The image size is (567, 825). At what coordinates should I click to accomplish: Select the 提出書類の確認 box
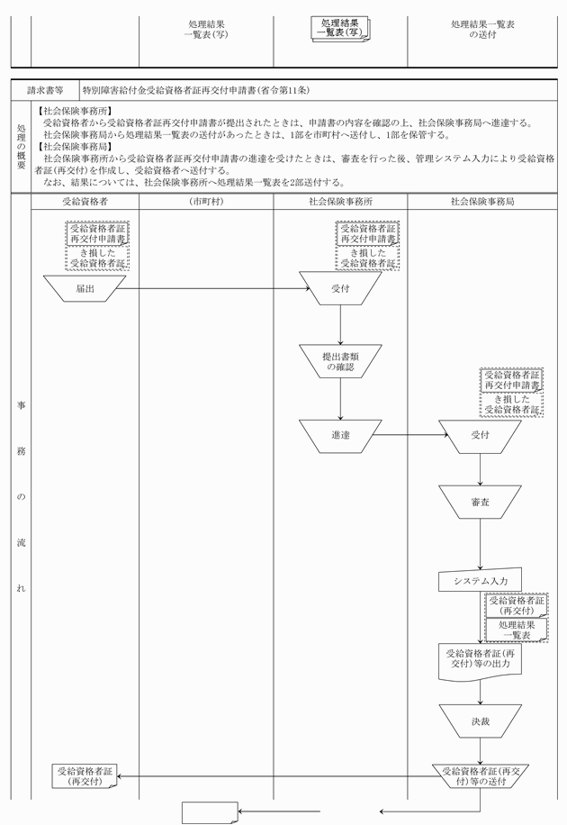pyautogui.click(x=340, y=361)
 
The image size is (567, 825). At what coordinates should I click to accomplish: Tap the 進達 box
pyautogui.click(x=340, y=436)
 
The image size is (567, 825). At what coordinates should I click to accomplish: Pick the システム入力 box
pyautogui.click(x=480, y=581)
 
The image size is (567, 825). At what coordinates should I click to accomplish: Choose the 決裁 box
pyautogui.click(x=480, y=721)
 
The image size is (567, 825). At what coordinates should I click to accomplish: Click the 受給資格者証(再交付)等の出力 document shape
pyautogui.click(x=480, y=658)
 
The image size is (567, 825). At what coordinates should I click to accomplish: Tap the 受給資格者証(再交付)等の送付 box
pyautogui.click(x=480, y=775)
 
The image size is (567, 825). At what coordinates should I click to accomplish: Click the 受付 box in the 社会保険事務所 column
pyautogui.click(x=340, y=289)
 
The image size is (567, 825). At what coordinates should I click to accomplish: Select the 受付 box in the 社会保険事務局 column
pyautogui.click(x=480, y=436)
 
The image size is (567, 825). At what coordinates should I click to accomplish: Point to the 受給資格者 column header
pyautogui.click(x=85, y=201)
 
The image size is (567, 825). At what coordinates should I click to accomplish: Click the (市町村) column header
pyautogui.click(x=206, y=201)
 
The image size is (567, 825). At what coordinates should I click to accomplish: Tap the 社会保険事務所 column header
pyautogui.click(x=340, y=201)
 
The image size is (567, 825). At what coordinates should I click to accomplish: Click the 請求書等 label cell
pyautogui.click(x=45, y=90)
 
